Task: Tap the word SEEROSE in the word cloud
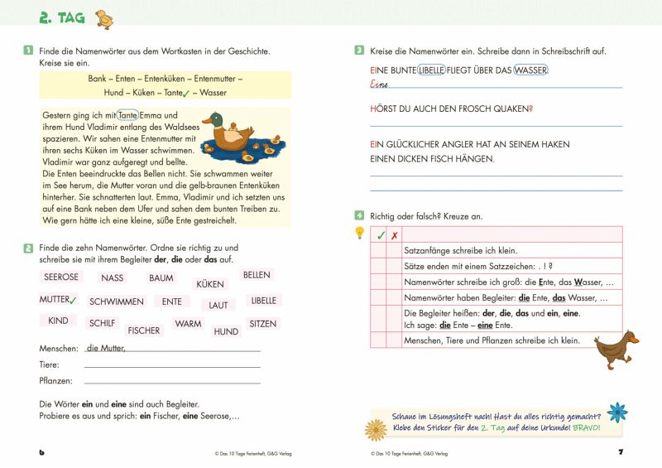coord(60,277)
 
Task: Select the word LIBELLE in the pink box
coord(263,301)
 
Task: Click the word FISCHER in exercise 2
coord(144,330)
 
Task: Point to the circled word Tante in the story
coord(127,115)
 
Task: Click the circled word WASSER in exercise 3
coord(530,70)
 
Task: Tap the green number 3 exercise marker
coord(359,51)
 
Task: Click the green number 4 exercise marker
coord(359,215)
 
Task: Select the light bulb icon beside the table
coord(359,233)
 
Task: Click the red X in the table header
coord(394,235)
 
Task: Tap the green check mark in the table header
coord(380,235)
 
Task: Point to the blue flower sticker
coord(616,413)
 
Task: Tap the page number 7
coord(619,452)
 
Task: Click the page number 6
coord(42,452)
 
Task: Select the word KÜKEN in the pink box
coord(209,284)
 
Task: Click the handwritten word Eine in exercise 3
coord(381,84)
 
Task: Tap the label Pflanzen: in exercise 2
coord(55,381)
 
